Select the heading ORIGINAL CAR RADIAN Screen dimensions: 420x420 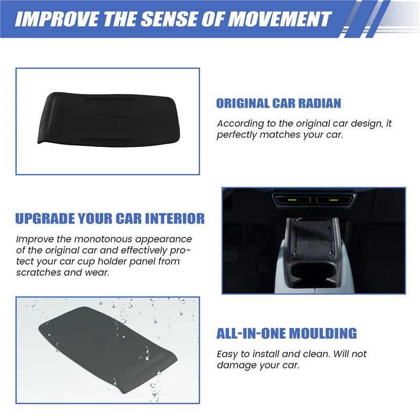278,103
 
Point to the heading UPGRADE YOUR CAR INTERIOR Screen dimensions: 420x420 110,218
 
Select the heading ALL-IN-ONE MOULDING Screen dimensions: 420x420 287,333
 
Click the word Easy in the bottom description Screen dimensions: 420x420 227,354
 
